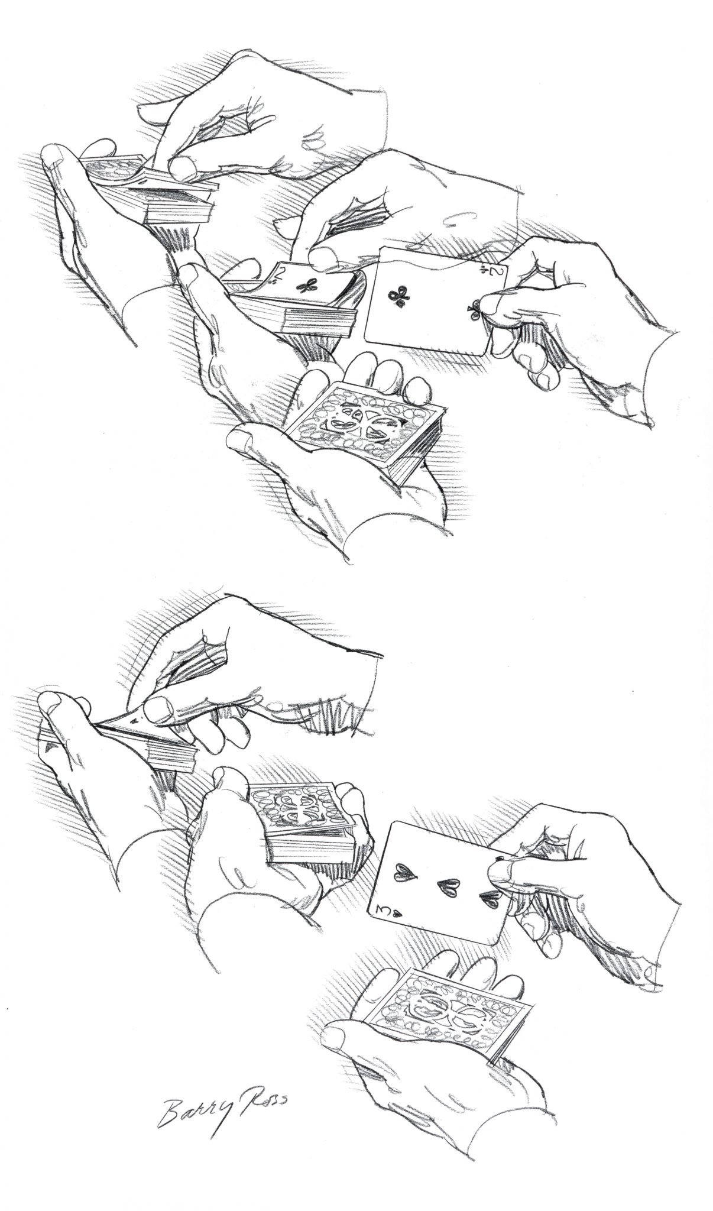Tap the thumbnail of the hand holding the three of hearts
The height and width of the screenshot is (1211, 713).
(x=500, y=868)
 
